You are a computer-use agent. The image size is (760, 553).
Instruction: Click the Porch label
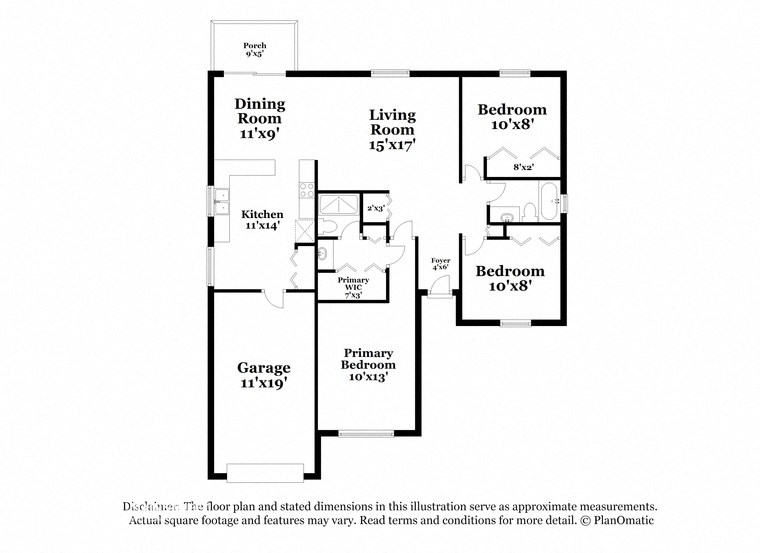254,50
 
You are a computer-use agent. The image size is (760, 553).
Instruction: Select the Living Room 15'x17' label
392,129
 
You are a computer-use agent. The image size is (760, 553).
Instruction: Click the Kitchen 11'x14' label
262,220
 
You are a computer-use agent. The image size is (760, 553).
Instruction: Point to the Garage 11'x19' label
263,374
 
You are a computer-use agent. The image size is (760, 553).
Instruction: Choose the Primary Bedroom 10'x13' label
368,365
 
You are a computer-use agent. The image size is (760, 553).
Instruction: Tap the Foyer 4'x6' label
440,264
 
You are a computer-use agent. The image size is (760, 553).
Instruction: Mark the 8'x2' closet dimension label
523,167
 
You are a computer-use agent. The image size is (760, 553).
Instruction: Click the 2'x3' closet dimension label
375,208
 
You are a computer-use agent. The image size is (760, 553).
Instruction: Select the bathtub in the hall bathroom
550,203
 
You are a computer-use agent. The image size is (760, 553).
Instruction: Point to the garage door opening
265,472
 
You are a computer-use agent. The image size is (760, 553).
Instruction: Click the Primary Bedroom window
366,433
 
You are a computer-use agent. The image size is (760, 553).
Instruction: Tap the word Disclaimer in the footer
151,506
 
